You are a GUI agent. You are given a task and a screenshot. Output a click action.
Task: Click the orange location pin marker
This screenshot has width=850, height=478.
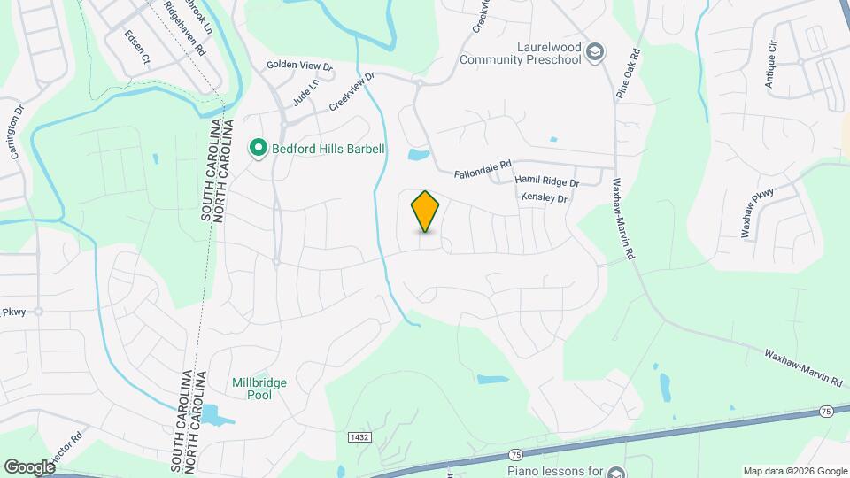426,212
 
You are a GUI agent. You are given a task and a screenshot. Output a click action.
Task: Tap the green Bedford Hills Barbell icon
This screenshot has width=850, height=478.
258,148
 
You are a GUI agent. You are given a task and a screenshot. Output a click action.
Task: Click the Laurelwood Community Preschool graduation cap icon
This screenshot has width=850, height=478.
595,51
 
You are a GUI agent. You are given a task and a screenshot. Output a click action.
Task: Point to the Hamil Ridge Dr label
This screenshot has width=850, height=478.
546,181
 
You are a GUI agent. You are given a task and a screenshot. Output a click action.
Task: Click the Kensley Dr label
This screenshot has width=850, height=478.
543,198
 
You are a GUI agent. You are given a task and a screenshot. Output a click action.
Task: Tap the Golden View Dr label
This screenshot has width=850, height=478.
300,66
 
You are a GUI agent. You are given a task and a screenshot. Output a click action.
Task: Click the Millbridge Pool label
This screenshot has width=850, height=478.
251,389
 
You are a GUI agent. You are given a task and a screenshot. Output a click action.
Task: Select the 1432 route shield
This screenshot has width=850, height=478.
359,437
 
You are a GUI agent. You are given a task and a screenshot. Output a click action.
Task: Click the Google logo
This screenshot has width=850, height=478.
30,466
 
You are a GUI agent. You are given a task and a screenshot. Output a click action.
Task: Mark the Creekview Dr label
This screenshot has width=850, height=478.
352,92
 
